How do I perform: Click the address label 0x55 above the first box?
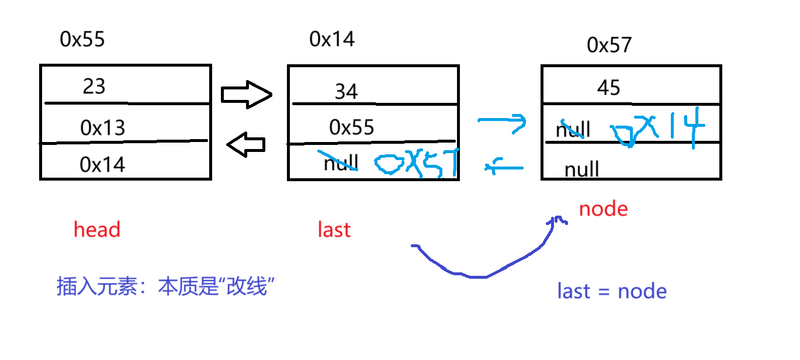click(82, 39)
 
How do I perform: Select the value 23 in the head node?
click(93, 86)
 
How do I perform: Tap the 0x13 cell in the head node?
click(103, 128)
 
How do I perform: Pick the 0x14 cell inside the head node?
click(103, 165)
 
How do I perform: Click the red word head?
click(97, 230)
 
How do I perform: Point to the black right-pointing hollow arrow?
click(247, 94)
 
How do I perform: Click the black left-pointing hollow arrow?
click(246, 145)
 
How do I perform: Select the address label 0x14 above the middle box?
click(332, 39)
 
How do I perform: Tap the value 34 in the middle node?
click(346, 92)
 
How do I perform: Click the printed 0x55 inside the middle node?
click(352, 127)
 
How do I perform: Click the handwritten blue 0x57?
click(415, 164)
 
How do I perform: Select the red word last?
click(334, 230)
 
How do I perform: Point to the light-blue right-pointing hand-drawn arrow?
click(502, 122)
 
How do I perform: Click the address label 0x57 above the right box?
click(609, 45)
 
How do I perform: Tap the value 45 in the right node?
click(608, 88)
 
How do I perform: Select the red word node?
click(603, 209)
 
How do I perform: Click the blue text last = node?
click(612, 291)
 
